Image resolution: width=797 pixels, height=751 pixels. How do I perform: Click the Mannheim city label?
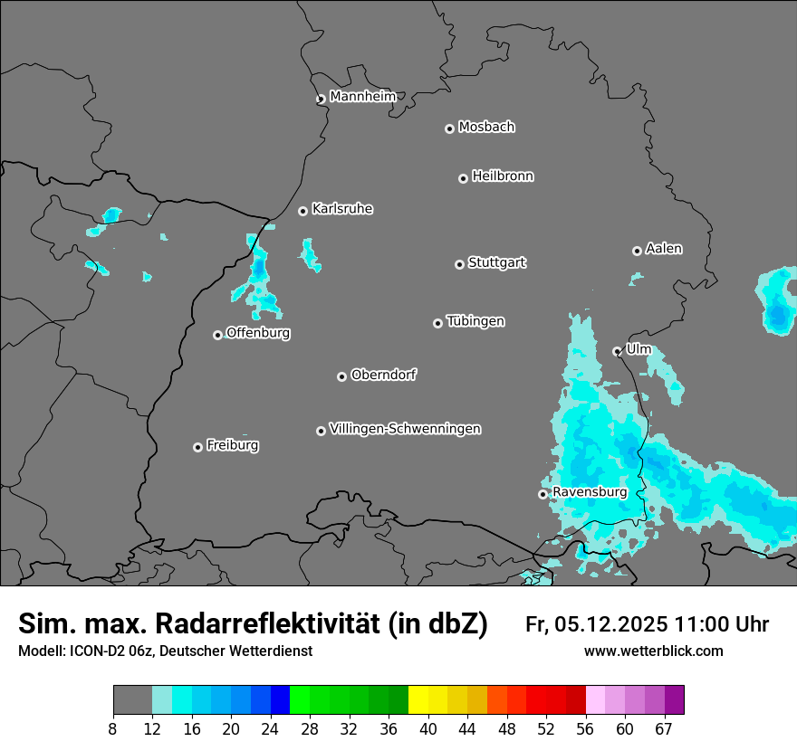362,96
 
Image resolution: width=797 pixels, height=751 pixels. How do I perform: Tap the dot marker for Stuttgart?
459,264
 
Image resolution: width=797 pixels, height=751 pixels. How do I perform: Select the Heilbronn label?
503,176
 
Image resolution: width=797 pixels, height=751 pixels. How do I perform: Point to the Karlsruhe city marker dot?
302,211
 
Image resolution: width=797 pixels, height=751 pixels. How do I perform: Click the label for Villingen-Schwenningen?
405,428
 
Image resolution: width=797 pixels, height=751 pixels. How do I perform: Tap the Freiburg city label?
232,444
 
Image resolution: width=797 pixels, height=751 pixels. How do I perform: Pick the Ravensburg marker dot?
543,494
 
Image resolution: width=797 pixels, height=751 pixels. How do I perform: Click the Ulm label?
639,348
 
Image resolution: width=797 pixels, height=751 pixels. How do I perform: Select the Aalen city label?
664,248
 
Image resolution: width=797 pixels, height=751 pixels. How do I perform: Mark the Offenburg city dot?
217,335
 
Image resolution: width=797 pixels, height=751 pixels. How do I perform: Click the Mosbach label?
486,127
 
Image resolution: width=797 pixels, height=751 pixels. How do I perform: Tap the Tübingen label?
475,320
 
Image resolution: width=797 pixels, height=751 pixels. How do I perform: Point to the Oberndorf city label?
383,374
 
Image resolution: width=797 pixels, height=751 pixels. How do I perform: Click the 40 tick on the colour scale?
428,729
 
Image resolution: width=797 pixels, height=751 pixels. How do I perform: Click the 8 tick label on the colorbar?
113,729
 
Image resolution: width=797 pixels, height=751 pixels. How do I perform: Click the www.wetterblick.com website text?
653,651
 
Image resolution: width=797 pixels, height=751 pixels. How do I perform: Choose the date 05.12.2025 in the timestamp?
611,623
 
